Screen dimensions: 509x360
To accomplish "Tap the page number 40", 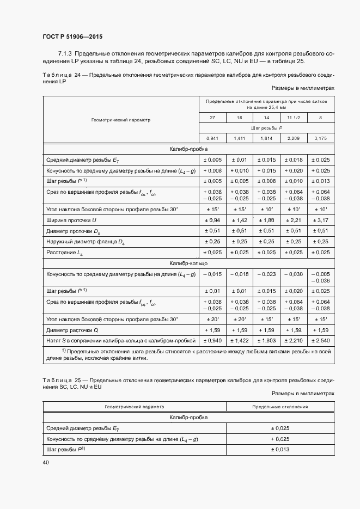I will [x=45, y=462].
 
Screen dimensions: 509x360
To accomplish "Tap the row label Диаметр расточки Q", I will [x=73, y=330].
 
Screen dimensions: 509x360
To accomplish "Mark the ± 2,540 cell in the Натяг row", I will [x=321, y=340].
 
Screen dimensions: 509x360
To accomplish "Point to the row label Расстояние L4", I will [x=65, y=252].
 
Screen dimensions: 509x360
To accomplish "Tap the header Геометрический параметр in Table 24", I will [x=120, y=119].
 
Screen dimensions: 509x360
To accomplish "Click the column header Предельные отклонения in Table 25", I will [x=280, y=407].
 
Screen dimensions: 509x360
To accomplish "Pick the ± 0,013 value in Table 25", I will [x=280, y=449].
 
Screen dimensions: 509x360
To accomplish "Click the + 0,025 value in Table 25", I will [x=280, y=439].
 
